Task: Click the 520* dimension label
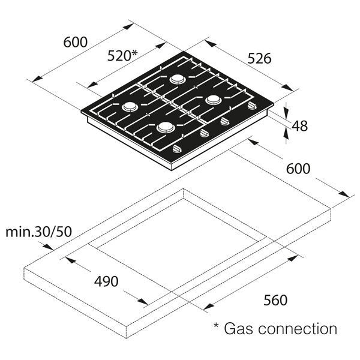[122, 55]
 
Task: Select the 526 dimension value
[260, 58]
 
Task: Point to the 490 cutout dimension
[106, 281]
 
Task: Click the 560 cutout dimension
[275, 299]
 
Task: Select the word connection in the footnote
[299, 328]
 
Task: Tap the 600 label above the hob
[76, 42]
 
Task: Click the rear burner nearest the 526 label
[178, 79]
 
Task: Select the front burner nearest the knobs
[166, 127]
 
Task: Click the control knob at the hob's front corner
[178, 149]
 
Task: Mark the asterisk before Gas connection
[217, 327]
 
